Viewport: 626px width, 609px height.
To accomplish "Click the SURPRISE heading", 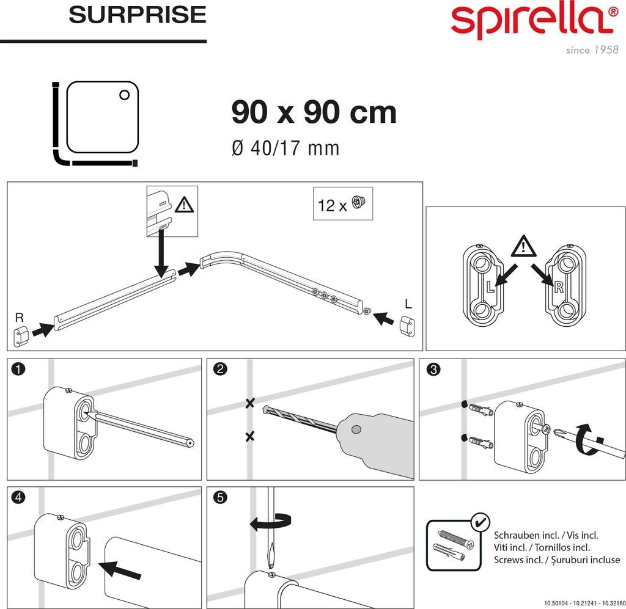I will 138,15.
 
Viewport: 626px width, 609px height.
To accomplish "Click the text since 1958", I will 592,50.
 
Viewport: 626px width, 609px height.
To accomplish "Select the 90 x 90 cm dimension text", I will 314,112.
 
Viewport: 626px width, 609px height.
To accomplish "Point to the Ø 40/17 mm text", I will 285,148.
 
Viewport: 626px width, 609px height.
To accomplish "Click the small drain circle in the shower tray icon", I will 124,95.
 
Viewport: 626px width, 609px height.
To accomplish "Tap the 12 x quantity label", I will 332,206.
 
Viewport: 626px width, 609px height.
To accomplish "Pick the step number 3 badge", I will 433,369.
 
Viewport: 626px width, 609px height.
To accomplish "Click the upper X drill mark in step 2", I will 249,403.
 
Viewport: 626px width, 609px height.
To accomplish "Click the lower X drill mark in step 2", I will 249,436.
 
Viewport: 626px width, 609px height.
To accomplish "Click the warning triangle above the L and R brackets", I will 523,247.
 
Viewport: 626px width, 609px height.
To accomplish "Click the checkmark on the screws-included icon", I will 480,522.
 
